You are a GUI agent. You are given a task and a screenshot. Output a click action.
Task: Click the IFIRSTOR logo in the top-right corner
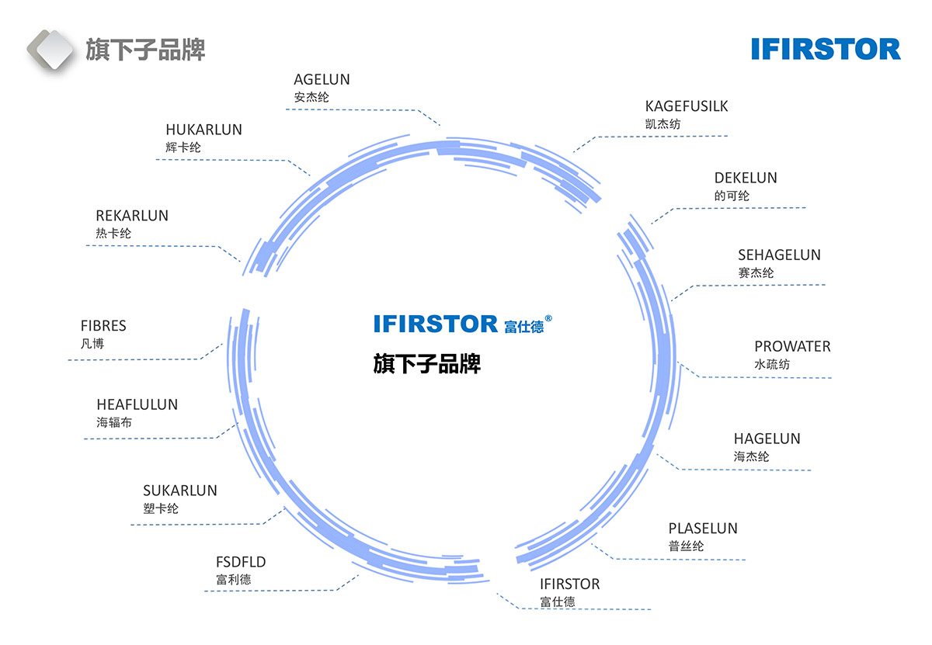coord(826,49)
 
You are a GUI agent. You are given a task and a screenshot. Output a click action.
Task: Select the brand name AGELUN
coord(322,79)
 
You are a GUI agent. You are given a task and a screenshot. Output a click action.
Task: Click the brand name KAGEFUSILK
coord(687,106)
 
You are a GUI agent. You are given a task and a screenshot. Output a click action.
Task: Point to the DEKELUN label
coord(746,178)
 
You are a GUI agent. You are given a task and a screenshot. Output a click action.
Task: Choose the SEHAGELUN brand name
coord(779,255)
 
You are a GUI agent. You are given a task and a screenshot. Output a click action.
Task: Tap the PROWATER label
coord(792,346)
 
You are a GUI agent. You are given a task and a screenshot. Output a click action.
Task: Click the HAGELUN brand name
coord(767,439)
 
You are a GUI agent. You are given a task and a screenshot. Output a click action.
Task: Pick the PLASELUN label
coord(703,529)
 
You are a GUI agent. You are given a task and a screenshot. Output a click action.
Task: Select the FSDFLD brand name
coord(241,562)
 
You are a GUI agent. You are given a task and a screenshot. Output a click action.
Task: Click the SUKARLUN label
coord(180,491)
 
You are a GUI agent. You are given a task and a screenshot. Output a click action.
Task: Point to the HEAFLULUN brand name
coord(137,404)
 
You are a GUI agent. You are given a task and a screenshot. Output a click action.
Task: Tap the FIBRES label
coord(103,326)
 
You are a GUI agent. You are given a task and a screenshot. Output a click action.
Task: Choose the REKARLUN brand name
coord(132,216)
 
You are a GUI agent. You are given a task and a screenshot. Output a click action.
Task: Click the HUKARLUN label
coord(203,130)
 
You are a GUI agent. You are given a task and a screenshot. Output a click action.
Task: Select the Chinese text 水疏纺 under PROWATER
coord(772,365)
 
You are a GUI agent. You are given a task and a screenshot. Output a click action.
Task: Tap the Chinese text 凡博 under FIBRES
coord(92,344)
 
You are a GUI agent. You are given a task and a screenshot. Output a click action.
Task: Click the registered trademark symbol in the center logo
coord(548,318)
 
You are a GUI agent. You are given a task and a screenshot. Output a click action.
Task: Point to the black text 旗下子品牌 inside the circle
coord(426,363)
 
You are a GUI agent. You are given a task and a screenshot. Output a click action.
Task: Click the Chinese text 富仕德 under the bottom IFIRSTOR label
coord(558,602)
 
